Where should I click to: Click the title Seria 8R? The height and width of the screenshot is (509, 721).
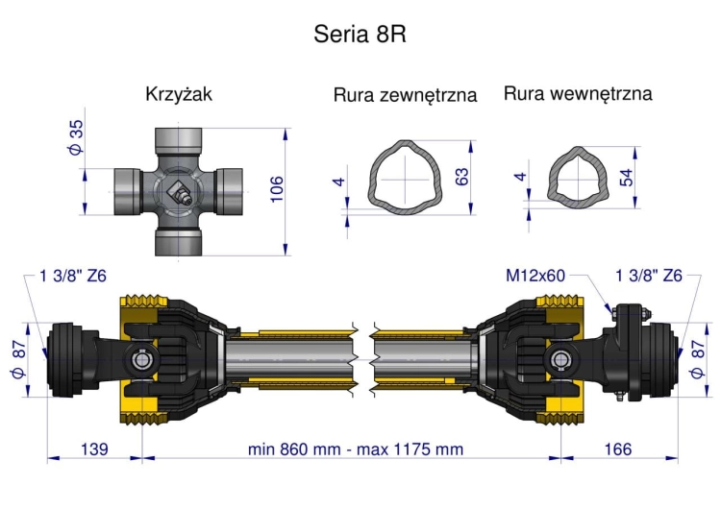click(x=360, y=35)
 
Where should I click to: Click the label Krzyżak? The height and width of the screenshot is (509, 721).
click(x=179, y=95)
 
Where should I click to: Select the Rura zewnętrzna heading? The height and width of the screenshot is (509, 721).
click(x=405, y=96)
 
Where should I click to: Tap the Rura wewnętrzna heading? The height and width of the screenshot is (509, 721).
click(x=578, y=94)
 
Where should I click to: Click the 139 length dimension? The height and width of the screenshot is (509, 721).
click(x=94, y=448)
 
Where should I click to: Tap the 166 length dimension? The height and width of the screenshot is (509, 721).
click(x=620, y=448)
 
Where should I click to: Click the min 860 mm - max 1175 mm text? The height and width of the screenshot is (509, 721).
click(x=355, y=448)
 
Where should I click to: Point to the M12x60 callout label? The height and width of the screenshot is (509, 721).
click(x=535, y=276)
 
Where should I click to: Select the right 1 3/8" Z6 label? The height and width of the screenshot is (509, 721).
click(x=649, y=276)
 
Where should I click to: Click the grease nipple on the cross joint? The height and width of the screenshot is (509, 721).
click(x=181, y=193)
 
